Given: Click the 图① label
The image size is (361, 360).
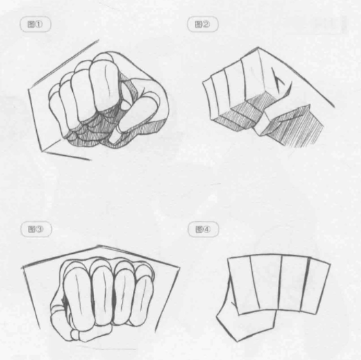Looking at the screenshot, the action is [x=35, y=24].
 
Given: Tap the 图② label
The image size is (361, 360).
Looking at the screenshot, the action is [x=202, y=24].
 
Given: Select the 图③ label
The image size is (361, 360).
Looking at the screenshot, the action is [x=36, y=229].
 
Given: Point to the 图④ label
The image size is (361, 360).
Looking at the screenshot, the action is [x=203, y=229].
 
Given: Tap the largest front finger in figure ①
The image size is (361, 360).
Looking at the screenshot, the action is [x=104, y=84].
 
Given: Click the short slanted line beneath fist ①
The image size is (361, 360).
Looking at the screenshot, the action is [x=67, y=156].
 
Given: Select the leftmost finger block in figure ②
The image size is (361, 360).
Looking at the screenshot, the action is [x=210, y=99].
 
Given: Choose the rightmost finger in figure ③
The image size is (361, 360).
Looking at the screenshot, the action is [x=142, y=297].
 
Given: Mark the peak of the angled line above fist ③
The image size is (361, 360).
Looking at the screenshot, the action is [x=98, y=246].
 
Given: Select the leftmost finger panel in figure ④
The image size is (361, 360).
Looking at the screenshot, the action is [x=243, y=285].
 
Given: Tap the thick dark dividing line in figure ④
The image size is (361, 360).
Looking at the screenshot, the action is [x=304, y=284].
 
